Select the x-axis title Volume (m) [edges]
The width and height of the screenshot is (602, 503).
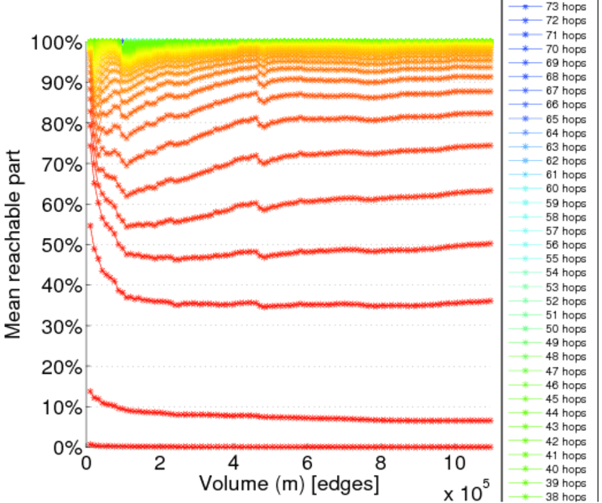(x=288, y=484)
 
